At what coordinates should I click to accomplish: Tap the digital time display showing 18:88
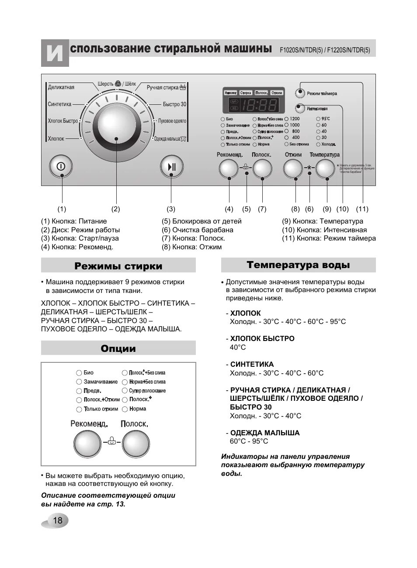pyautogui.click(x=260, y=105)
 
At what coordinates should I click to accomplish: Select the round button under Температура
pyautogui.click(x=326, y=169)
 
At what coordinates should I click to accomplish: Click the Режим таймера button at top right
pyautogui.click(x=300, y=93)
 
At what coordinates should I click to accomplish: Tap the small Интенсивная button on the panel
pyautogui.click(x=300, y=108)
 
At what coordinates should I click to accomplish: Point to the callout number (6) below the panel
pyautogui.click(x=309, y=209)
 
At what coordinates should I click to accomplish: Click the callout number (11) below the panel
pyautogui.click(x=362, y=209)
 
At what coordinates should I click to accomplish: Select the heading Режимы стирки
pyautogui.click(x=118, y=266)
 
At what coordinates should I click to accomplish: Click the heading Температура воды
pyautogui.click(x=298, y=265)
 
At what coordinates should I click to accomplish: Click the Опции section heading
pyautogui.click(x=118, y=348)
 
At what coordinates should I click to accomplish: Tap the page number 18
pyautogui.click(x=58, y=520)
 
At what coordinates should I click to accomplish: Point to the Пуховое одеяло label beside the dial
pyautogui.click(x=172, y=121)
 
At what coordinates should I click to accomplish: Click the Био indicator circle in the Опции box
pyautogui.click(x=79, y=373)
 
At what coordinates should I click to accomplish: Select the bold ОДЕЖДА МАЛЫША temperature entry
pyautogui.click(x=265, y=433)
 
